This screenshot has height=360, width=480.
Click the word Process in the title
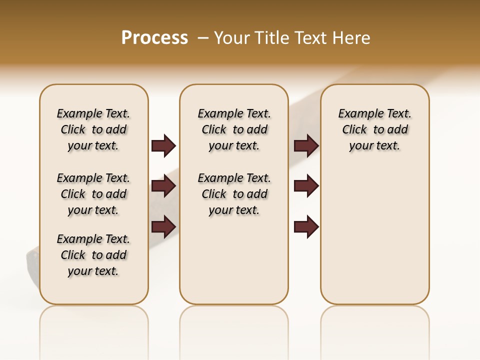(154, 37)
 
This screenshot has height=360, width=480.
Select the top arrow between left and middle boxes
(163, 145)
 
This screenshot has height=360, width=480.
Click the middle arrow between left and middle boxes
(163, 186)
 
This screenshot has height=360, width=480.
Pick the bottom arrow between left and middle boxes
(163, 226)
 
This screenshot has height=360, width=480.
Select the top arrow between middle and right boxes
(306, 145)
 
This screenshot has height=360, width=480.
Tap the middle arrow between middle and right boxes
(306, 186)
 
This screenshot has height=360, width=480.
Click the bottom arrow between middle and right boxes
(306, 226)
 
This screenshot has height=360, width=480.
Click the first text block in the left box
(93, 129)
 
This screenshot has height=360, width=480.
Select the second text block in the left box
(93, 194)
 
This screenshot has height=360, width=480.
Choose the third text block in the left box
(93, 255)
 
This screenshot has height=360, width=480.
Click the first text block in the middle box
(234, 129)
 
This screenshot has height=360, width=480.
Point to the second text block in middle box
(234, 194)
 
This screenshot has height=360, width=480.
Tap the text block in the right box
(374, 129)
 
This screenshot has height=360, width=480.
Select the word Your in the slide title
(231, 37)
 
